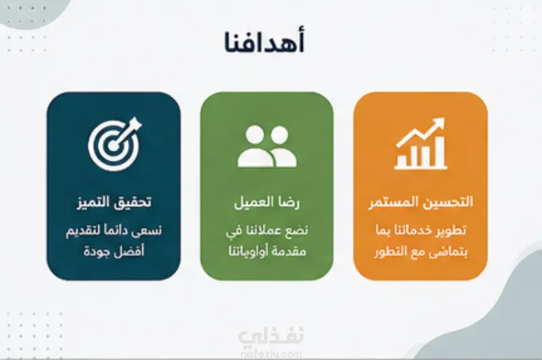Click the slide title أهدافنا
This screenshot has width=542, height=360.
coord(264,41)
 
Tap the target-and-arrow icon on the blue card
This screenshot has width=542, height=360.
coord(114,144)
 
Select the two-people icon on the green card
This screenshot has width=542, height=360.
coord(267,146)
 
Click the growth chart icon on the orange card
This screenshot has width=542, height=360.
coord(421,144)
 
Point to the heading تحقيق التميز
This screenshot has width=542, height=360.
coord(114,202)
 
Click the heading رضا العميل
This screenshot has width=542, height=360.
coord(267,202)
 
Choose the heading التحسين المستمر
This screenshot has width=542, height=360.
coord(421,202)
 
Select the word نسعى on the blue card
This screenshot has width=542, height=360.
coord(148,231)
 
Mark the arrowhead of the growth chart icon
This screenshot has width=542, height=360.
coord(438,123)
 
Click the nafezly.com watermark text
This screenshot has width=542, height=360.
coord(270,354)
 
